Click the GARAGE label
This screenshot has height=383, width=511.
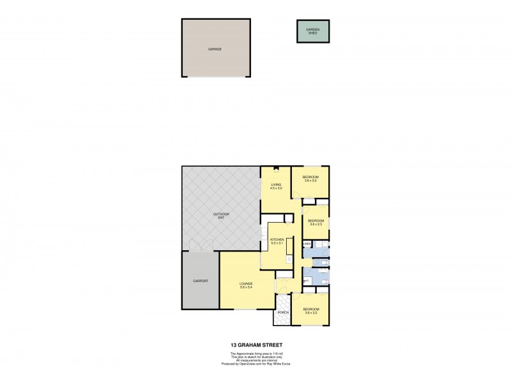[x=215, y=49]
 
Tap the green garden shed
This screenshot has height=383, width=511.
[x=313, y=31]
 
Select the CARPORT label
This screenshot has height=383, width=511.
[x=201, y=281]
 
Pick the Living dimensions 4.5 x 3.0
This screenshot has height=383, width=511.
[x=275, y=189]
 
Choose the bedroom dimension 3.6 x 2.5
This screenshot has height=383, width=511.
[x=317, y=224]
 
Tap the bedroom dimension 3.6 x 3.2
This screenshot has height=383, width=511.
[x=311, y=313]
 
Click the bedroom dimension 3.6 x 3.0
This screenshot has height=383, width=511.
[x=311, y=181]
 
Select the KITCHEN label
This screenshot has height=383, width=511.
[x=277, y=239]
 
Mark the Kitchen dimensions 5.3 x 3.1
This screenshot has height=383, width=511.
[x=277, y=243]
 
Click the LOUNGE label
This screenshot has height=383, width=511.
[x=247, y=283]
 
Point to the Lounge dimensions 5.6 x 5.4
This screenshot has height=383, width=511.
[x=247, y=287]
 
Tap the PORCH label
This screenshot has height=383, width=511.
[x=283, y=312]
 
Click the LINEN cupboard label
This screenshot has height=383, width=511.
[x=307, y=244]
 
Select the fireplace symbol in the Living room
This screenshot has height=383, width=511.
[x=275, y=169]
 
